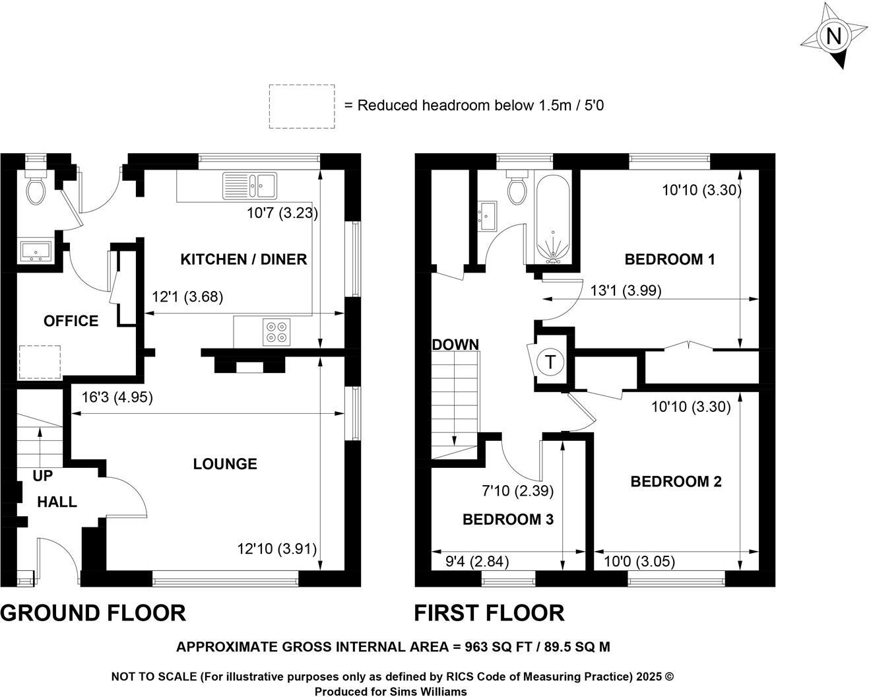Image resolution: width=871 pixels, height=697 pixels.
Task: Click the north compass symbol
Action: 834,36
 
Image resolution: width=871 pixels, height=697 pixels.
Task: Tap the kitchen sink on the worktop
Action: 250,185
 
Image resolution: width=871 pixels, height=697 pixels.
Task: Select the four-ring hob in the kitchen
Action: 276,331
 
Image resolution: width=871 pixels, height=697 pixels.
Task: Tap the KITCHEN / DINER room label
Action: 243,259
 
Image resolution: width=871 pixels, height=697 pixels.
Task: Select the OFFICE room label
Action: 71,321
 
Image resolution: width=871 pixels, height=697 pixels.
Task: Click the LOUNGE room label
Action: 225,464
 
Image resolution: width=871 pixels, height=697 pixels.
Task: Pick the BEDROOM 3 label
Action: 507,519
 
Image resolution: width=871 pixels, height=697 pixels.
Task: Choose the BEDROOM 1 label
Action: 670,259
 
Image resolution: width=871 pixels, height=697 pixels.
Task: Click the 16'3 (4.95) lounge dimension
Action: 117,397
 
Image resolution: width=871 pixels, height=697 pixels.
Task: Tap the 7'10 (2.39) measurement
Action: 517,490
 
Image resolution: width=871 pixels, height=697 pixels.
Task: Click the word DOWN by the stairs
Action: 455,345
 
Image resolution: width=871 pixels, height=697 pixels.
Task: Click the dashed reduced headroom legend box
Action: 302,106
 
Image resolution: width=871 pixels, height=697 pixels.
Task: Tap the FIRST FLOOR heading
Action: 489,613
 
